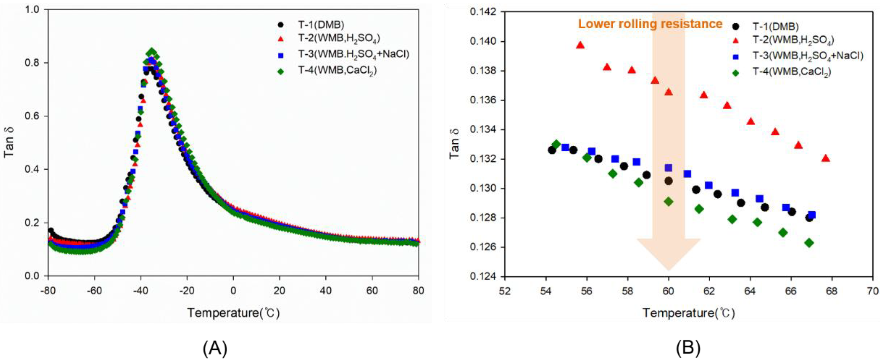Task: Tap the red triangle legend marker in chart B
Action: click(x=735, y=41)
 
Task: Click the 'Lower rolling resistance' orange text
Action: click(x=650, y=24)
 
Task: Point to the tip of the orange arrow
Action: click(x=668, y=270)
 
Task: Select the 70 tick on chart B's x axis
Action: click(x=873, y=291)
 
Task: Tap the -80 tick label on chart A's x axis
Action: click(x=48, y=291)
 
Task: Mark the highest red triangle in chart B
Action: click(x=580, y=45)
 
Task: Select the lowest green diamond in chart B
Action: click(x=809, y=243)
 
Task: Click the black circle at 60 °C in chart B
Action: click(x=668, y=181)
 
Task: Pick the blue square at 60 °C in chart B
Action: click(x=668, y=168)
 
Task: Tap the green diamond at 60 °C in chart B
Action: click(x=668, y=202)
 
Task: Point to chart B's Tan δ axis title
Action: click(x=455, y=144)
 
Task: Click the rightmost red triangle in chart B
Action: click(x=825, y=158)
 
